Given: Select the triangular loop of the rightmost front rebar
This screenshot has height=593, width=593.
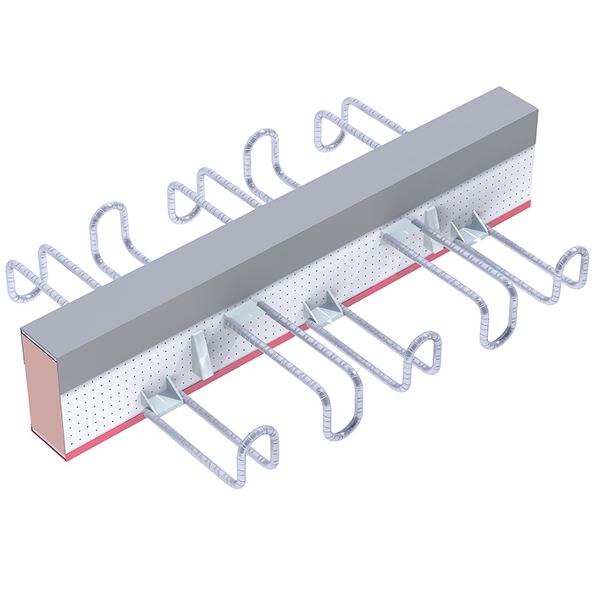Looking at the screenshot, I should (573, 267).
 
